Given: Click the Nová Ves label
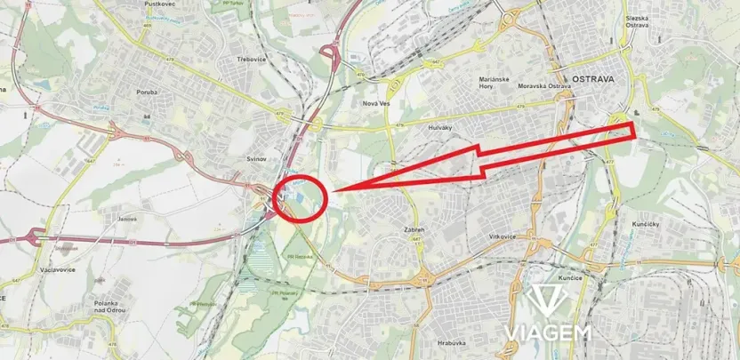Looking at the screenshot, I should coord(377,103).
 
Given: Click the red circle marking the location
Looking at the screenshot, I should coord(302,197).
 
